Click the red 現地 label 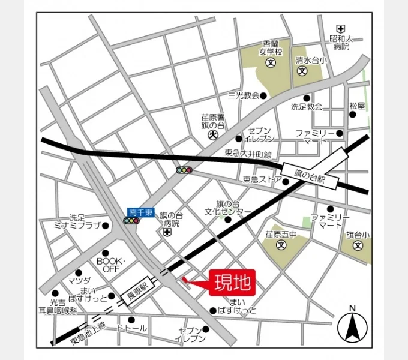(233, 281)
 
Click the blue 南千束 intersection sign (141, 212)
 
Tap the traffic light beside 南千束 (131, 221)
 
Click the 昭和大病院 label (341, 42)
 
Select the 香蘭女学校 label (270, 47)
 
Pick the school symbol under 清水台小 (302, 71)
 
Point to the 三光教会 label (243, 95)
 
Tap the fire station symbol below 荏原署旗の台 (212, 136)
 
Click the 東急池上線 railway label (88, 332)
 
